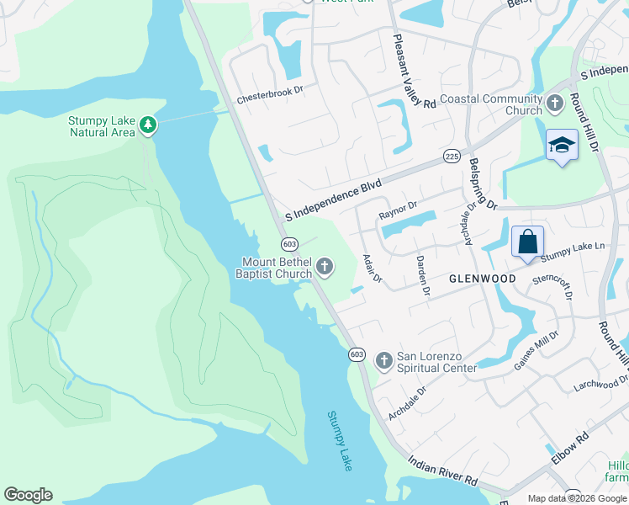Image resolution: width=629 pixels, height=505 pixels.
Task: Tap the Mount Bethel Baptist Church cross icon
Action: click(x=325, y=268)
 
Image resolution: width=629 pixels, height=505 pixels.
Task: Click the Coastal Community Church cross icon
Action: click(x=554, y=104)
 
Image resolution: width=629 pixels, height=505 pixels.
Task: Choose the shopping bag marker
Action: click(x=527, y=242)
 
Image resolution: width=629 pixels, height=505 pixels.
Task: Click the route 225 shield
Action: click(x=452, y=157)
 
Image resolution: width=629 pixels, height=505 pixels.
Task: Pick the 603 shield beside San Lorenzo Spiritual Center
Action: click(x=357, y=354)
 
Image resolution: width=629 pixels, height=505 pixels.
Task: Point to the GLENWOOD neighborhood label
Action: click(x=483, y=279)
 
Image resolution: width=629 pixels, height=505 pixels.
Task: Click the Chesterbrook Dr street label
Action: click(x=268, y=98)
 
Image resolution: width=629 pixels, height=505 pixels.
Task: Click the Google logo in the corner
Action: click(x=28, y=495)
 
